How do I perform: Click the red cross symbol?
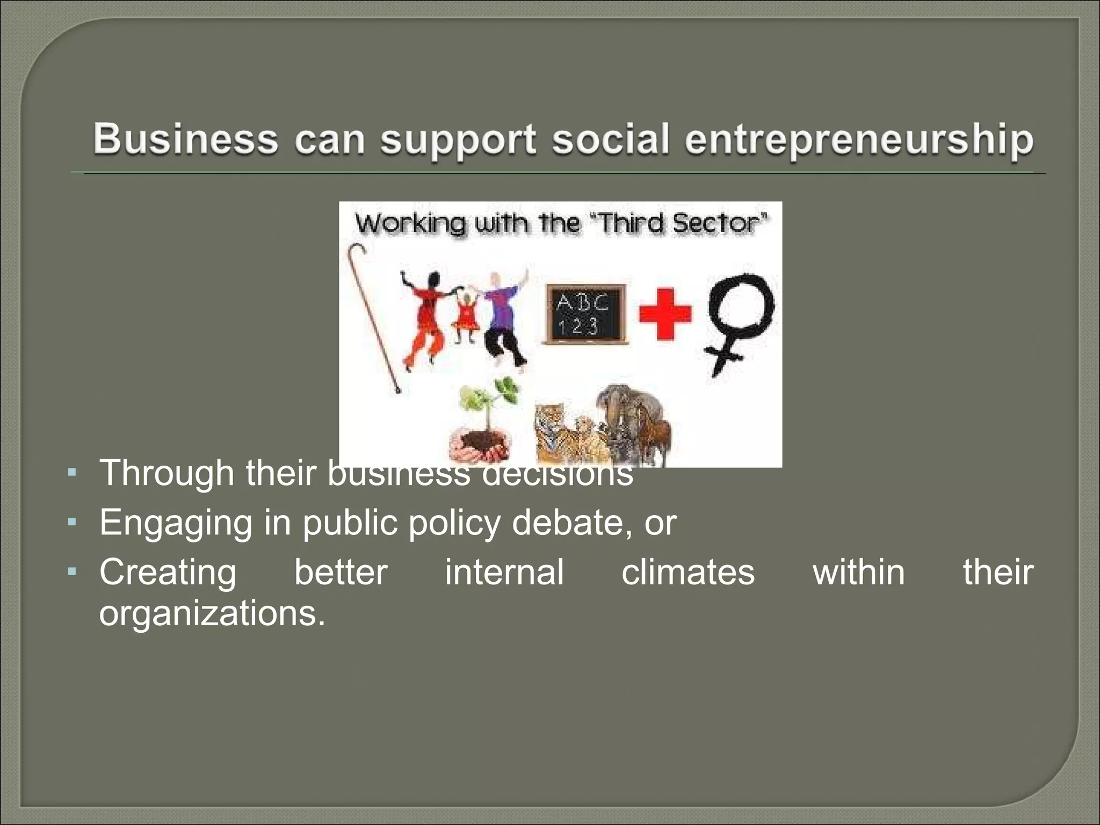[664, 314]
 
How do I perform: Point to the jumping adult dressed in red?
[427, 317]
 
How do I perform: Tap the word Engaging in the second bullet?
[175, 523]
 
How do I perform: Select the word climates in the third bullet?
[688, 571]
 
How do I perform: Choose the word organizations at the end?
[212, 613]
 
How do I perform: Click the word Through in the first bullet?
[167, 473]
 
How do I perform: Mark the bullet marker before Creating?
[72, 571]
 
